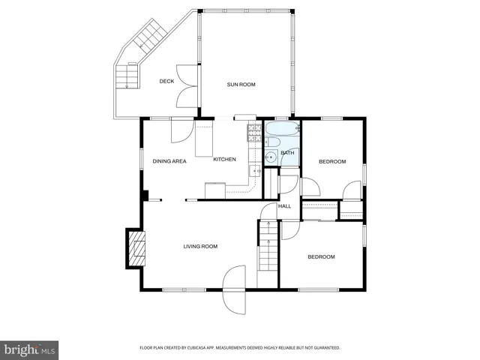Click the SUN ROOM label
pyautogui.click(x=241, y=85)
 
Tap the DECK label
pyautogui.click(x=167, y=82)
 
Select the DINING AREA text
pyautogui.click(x=169, y=161)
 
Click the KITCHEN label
pyautogui.click(x=224, y=159)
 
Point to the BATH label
pyautogui.click(x=287, y=153)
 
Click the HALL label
pyautogui.click(x=284, y=206)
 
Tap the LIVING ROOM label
pyautogui.click(x=200, y=246)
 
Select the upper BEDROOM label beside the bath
pyautogui.click(x=331, y=162)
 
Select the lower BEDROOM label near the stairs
pyautogui.click(x=321, y=256)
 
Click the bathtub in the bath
pyautogui.click(x=282, y=129)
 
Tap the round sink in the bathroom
pyautogui.click(x=268, y=157)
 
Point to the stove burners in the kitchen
pyautogui.click(x=253, y=133)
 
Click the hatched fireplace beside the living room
pyautogui.click(x=136, y=247)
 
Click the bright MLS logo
pyautogui.click(x=31, y=349)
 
